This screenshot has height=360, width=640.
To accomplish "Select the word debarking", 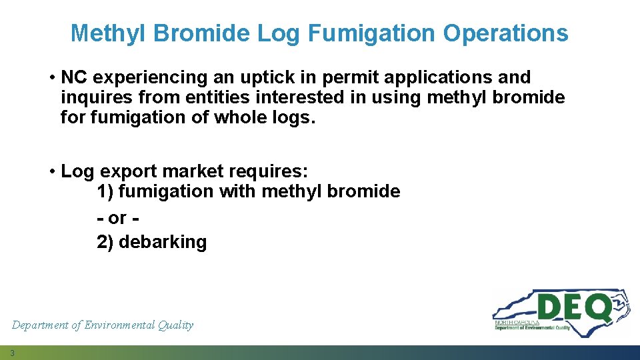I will click(x=163, y=242).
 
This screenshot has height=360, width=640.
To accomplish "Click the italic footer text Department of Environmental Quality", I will click(x=103, y=325).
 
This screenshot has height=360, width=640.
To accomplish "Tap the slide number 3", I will click(x=13, y=353).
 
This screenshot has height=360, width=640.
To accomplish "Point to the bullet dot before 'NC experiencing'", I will click(x=52, y=78).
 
